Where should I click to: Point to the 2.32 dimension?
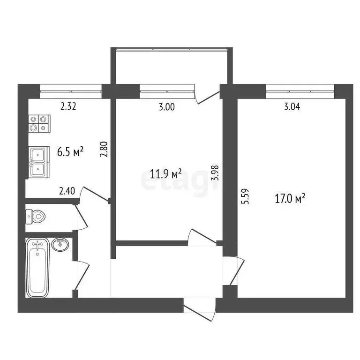click(68, 106)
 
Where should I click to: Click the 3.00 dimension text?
click(166, 107)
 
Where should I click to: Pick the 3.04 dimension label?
click(292, 106)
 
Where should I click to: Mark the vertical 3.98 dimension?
click(215, 172)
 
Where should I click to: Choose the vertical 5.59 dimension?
click(243, 195)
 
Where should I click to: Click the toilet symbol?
click(37, 216)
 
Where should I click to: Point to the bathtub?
click(38, 267)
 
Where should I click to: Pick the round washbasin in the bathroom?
click(60, 244)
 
